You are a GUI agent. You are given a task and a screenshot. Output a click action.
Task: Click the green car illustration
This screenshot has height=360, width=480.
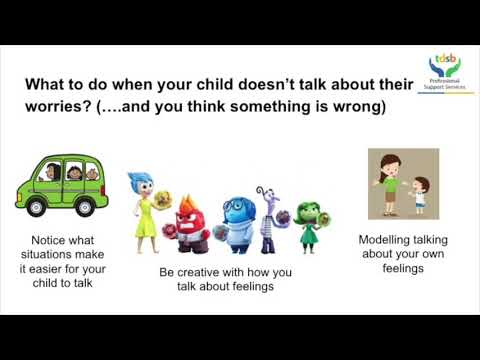(61, 185)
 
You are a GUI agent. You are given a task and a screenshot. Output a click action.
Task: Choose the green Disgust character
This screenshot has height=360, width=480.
(310, 221)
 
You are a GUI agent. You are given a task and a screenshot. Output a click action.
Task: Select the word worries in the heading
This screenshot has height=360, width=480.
(59, 107)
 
